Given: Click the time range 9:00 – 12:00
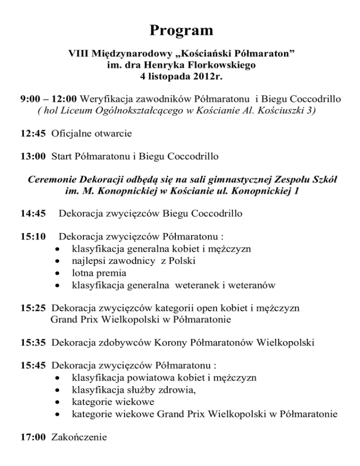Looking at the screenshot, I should pos(49,99).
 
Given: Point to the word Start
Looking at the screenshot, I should pos(62,156).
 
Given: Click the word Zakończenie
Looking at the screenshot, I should pos(79,437).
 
